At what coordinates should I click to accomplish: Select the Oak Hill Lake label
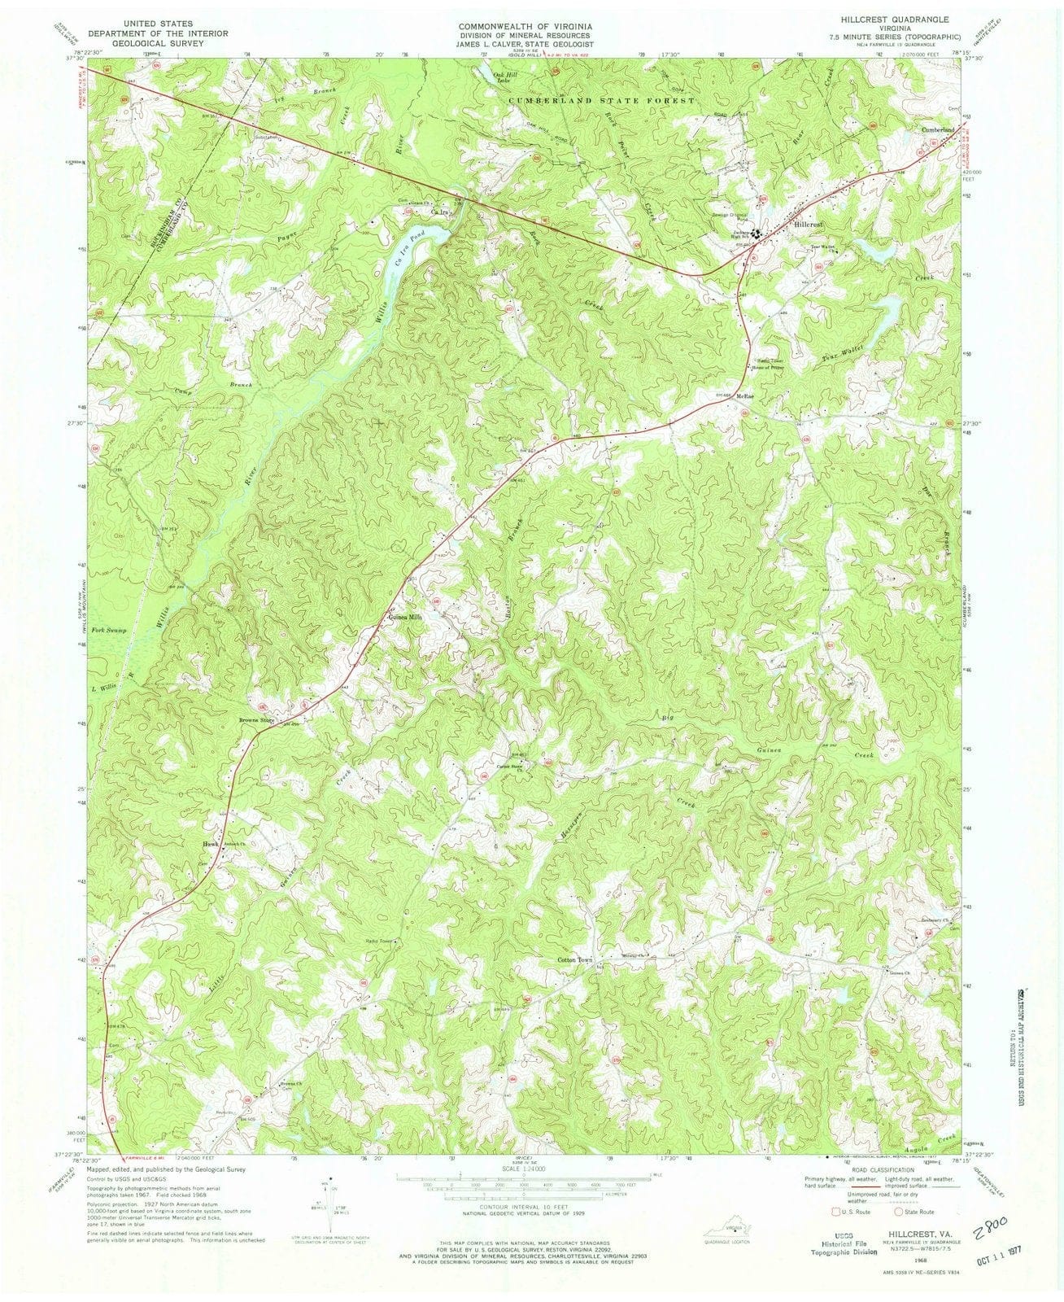pos(505,76)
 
